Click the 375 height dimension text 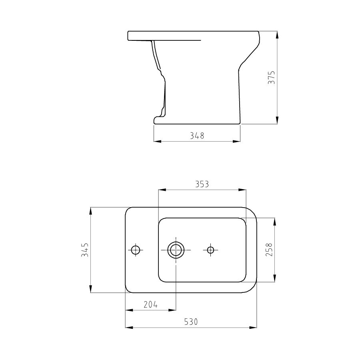(x=271, y=78)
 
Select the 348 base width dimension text (x=197, y=136)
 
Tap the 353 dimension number (x=202, y=184)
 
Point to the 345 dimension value (x=85, y=250)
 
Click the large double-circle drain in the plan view (x=175, y=250)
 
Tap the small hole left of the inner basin (x=136, y=250)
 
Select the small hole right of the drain (x=211, y=250)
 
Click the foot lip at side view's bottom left (x=158, y=119)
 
